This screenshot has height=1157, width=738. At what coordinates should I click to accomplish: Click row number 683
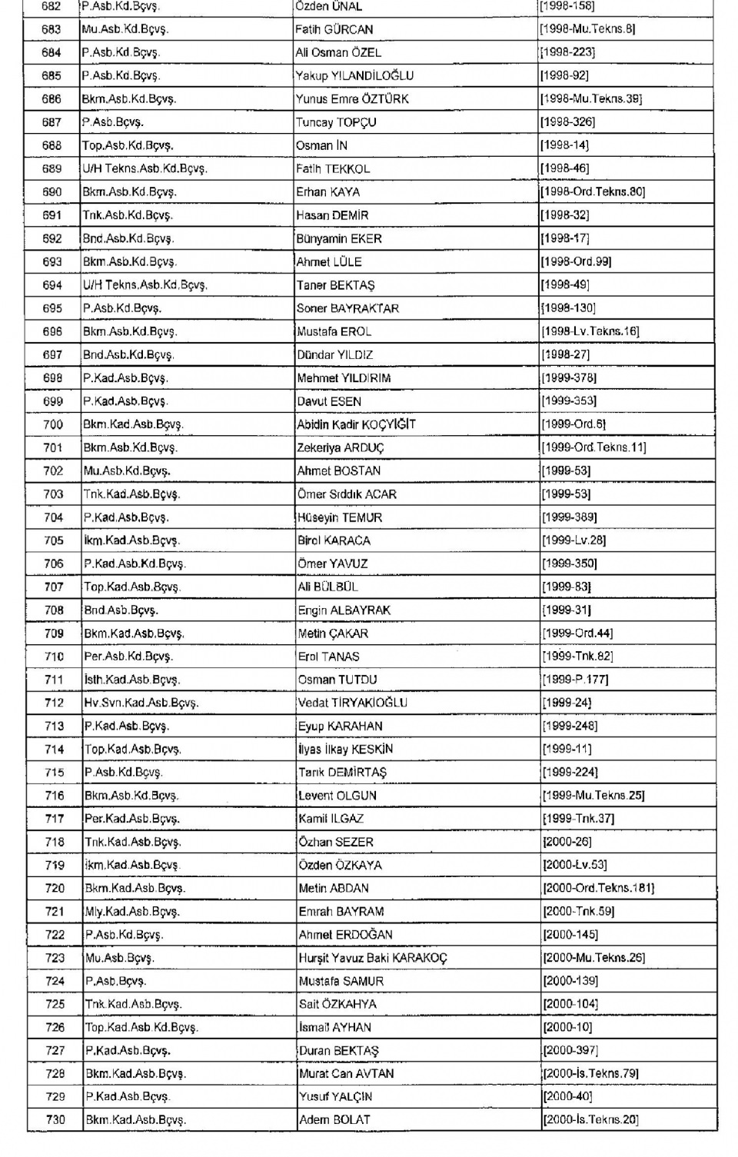(x=52, y=29)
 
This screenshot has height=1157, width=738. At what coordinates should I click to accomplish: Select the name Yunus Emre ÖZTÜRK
(x=352, y=99)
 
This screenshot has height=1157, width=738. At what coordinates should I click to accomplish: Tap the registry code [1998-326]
(x=567, y=122)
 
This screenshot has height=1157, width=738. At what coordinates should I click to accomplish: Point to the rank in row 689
(x=145, y=168)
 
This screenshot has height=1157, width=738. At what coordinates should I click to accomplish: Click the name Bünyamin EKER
(x=339, y=238)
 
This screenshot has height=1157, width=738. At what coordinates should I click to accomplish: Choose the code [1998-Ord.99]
(x=577, y=261)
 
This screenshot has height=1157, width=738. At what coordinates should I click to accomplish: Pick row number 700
(x=53, y=424)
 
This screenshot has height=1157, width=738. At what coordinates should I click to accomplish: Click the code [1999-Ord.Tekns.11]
(x=593, y=447)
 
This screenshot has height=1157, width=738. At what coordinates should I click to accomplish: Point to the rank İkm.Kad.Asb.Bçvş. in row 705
(x=131, y=540)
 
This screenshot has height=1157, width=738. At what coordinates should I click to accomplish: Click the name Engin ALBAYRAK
(x=344, y=610)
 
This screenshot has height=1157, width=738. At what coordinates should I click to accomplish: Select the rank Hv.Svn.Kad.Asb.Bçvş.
(x=141, y=703)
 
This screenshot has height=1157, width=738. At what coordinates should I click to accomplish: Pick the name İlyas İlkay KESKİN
(x=346, y=750)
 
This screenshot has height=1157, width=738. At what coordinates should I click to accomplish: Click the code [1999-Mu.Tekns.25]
(x=593, y=796)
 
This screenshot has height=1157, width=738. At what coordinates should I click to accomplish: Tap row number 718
(x=55, y=842)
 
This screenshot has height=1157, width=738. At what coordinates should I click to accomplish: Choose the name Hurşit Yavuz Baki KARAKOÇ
(x=373, y=958)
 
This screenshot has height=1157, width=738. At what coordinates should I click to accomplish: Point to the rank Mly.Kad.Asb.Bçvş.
(x=132, y=912)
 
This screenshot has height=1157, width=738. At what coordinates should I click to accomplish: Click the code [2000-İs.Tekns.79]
(x=591, y=1074)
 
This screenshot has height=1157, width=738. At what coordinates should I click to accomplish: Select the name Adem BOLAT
(x=334, y=1120)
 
